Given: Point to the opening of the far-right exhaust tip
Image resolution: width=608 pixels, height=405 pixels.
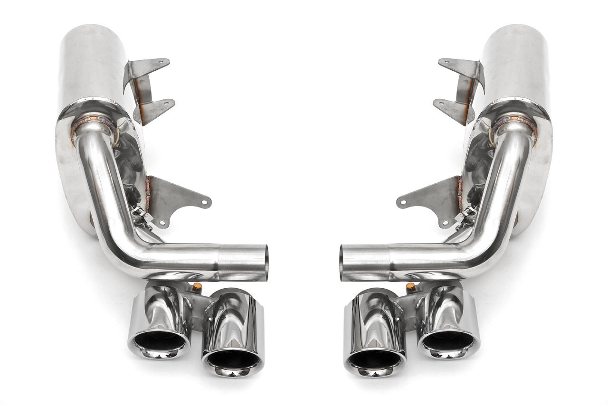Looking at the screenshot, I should [448, 340].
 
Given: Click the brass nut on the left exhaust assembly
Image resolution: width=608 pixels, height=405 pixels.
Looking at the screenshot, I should [197, 287].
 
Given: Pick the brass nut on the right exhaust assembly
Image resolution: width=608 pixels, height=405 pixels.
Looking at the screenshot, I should [411, 287].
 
